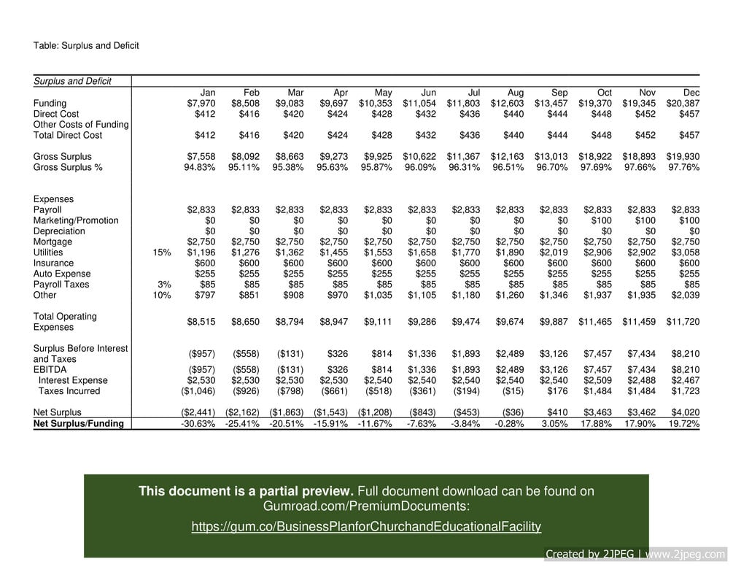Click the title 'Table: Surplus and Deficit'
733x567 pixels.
(86, 46)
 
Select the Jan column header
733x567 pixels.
(208, 93)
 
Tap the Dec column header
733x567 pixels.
(691, 93)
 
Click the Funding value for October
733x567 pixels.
(597, 104)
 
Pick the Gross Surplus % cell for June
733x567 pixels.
(420, 167)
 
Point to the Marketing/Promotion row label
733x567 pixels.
(76, 220)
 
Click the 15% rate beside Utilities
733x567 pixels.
(162, 252)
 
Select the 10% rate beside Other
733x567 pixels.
(162, 296)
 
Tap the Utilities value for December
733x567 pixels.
(685, 252)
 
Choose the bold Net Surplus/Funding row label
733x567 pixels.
(79, 424)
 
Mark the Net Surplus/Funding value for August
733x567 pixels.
(508, 424)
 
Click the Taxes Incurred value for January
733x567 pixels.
(198, 391)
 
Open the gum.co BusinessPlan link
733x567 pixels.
(366, 527)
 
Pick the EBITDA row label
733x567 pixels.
(50, 370)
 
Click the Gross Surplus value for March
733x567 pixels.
(289, 157)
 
